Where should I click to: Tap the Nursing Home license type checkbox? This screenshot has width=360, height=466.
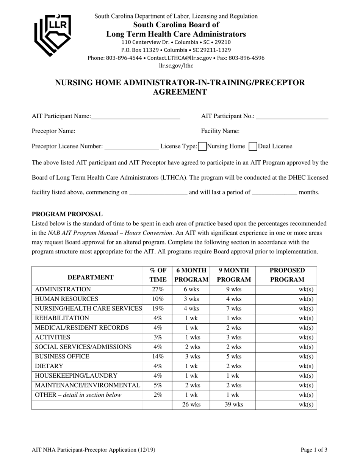pos(202,146)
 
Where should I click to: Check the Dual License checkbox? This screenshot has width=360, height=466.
pos(253,146)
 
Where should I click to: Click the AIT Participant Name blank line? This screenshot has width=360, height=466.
pos(135,116)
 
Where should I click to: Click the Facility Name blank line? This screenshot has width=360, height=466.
pos(284,131)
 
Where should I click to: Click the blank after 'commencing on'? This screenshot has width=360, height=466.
pos(158,192)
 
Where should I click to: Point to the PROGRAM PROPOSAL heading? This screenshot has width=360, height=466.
pos(67,214)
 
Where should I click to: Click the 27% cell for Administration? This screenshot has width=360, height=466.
pos(157,289)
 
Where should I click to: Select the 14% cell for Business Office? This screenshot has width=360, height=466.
pos(157,357)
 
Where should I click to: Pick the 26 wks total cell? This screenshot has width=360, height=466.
pos(191,405)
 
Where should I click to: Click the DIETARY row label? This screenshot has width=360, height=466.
pos(49,366)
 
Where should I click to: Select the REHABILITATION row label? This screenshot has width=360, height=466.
pos(62,318)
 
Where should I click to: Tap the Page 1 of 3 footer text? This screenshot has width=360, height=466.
pos(314,450)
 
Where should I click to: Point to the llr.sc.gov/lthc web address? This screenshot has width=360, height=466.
pos(176,66)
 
